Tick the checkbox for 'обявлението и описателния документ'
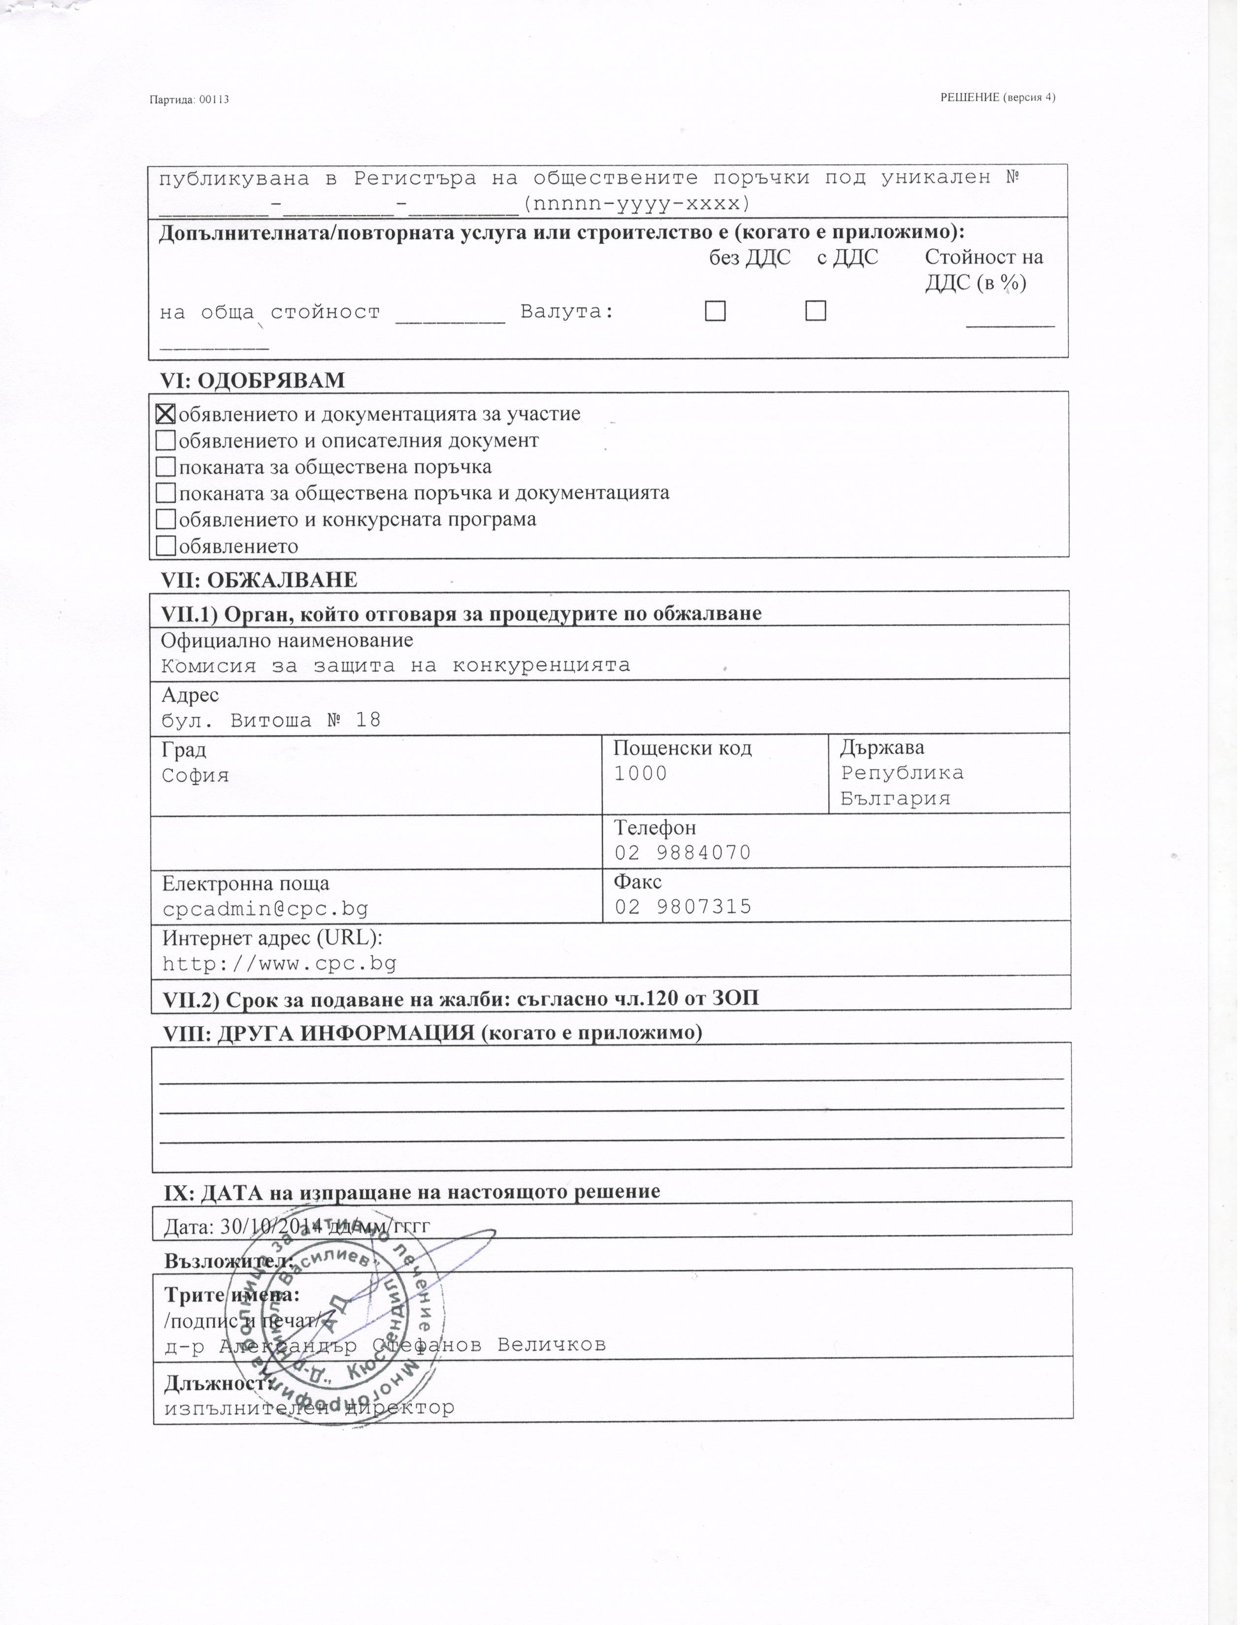[166, 441]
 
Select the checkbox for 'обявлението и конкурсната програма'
[166, 520]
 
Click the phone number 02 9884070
[682, 853]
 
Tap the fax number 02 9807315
[682, 907]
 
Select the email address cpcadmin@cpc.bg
[265, 909]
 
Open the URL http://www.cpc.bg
[279, 964]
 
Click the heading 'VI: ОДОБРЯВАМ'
[253, 380]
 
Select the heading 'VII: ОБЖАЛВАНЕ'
[259, 581]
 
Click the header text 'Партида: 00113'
[189, 99]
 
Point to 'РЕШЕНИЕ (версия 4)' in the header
[997, 97]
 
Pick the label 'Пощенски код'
[682, 748]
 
